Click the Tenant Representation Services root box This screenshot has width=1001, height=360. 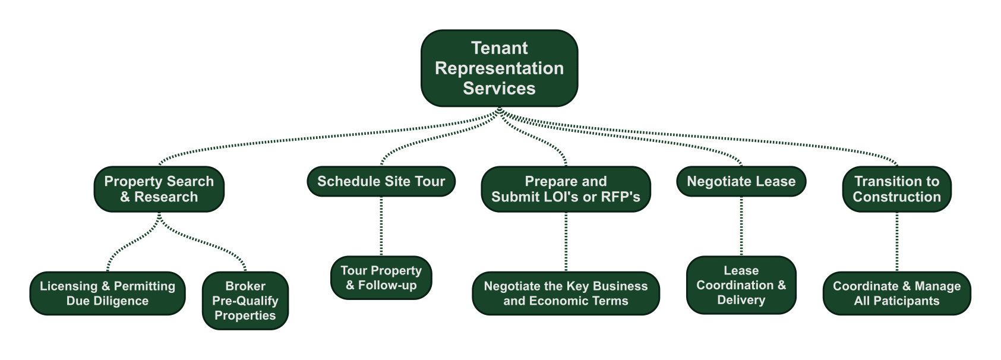[499, 68]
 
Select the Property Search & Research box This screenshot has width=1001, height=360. [159, 189]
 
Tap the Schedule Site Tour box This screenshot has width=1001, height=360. [381, 181]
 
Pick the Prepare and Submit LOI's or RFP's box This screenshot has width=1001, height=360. [566, 189]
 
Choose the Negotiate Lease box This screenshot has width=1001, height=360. [741, 181]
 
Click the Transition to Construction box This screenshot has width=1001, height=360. [896, 189]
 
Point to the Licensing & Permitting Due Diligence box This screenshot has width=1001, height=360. [108, 293]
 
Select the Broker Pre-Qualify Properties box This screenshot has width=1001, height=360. [245, 301]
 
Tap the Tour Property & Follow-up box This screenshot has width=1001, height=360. [381, 277]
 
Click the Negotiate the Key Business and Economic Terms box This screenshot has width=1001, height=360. [566, 293]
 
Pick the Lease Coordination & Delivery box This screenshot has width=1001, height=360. [741, 285]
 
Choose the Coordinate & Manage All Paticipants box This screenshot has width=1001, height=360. [896, 293]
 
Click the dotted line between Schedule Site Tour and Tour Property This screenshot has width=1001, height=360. [381, 226]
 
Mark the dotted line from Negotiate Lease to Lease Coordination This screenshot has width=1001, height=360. [741, 226]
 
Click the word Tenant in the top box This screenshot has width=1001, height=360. [499, 48]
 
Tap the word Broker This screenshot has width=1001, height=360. [245, 286]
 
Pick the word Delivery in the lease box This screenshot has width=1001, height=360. [741, 300]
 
